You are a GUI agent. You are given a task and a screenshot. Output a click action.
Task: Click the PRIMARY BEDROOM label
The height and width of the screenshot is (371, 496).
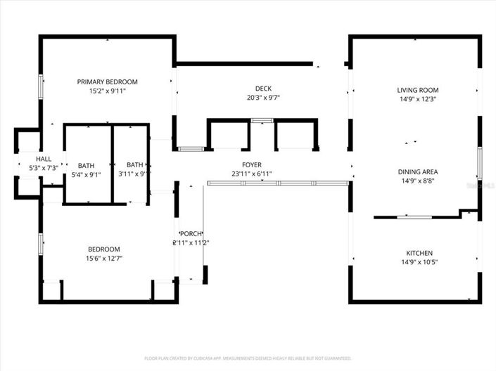pos(107,82)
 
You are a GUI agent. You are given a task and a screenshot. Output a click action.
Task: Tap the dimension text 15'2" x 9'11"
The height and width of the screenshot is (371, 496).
pos(107,91)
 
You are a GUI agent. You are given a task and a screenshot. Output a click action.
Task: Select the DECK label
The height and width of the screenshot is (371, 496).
pos(263,88)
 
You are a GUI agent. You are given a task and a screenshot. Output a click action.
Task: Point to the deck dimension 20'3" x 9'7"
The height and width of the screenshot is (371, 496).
pos(263,98)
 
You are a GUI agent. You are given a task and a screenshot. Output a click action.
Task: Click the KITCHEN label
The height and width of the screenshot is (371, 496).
pos(419,253)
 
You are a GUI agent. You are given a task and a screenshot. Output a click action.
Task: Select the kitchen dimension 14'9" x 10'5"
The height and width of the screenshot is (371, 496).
pos(419,263)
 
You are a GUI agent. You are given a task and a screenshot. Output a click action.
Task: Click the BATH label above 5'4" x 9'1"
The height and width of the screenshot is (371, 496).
pos(86,164)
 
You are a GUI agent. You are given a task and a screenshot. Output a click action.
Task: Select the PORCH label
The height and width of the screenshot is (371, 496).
pos(191,234)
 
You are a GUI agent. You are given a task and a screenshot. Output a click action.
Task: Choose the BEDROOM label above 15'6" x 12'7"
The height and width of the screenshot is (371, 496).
pos(103,249)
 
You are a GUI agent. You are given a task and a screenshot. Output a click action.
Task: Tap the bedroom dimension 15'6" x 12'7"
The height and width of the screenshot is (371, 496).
pos(103,259)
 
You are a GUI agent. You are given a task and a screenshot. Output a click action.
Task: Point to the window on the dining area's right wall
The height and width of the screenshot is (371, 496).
pos(479,163)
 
